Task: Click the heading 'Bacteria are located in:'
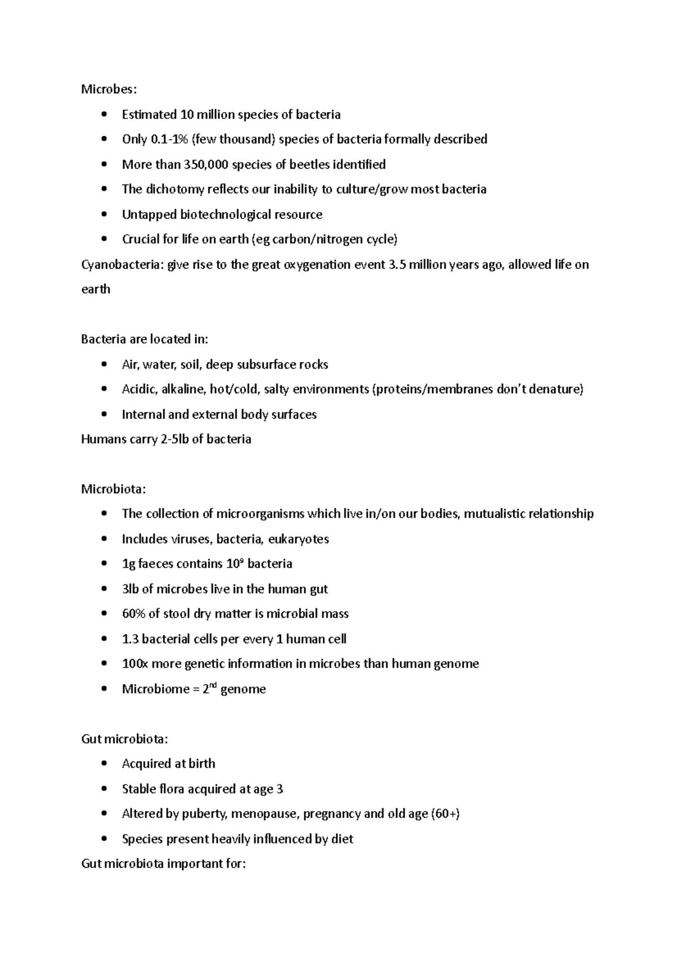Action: pyautogui.click(x=144, y=340)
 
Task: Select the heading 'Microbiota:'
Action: pyautogui.click(x=113, y=489)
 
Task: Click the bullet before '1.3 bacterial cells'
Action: pyautogui.click(x=103, y=639)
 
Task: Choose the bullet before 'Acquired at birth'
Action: pyautogui.click(x=103, y=764)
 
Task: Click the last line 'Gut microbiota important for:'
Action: pyautogui.click(x=164, y=864)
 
